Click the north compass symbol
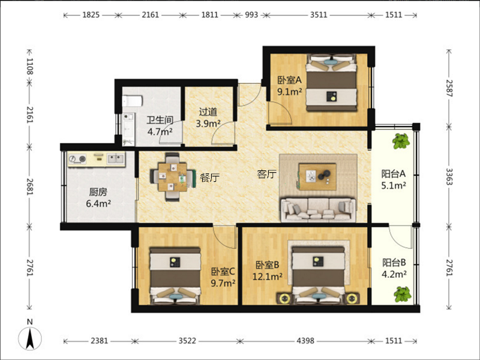point(30,338)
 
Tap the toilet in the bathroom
point(133,101)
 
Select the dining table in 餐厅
point(172,177)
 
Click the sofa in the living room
point(319,209)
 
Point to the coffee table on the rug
point(317,176)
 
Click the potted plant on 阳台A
point(401,141)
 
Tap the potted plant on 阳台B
point(402,294)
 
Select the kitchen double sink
point(116,158)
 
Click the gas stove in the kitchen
point(77,159)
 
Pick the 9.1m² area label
point(290,92)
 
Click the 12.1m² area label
point(267,277)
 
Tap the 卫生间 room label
point(160,120)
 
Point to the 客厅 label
point(266,174)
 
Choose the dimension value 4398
point(305,341)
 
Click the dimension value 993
point(251,14)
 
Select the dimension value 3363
point(449,176)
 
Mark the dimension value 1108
point(29,67)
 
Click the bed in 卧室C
point(175,276)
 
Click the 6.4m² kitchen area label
point(98,203)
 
